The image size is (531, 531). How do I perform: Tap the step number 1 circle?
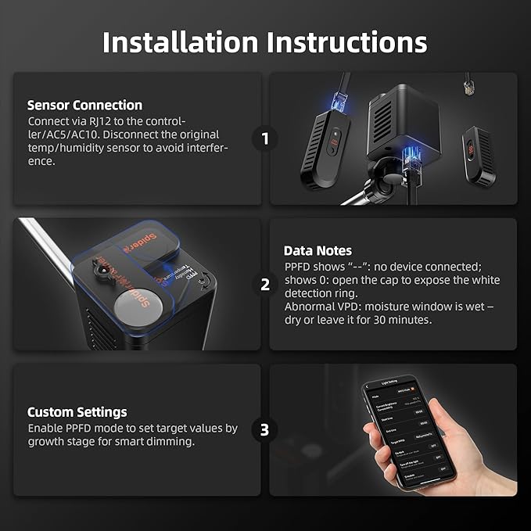pyautogui.click(x=265, y=139)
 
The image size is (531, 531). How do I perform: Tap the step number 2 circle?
pyautogui.click(x=265, y=285)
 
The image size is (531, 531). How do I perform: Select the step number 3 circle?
pyautogui.click(x=265, y=429)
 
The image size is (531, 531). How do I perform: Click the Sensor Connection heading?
pyautogui.click(x=84, y=105)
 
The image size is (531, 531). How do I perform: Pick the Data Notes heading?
pyautogui.click(x=318, y=251)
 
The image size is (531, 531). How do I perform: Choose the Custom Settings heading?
pyautogui.click(x=77, y=412)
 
